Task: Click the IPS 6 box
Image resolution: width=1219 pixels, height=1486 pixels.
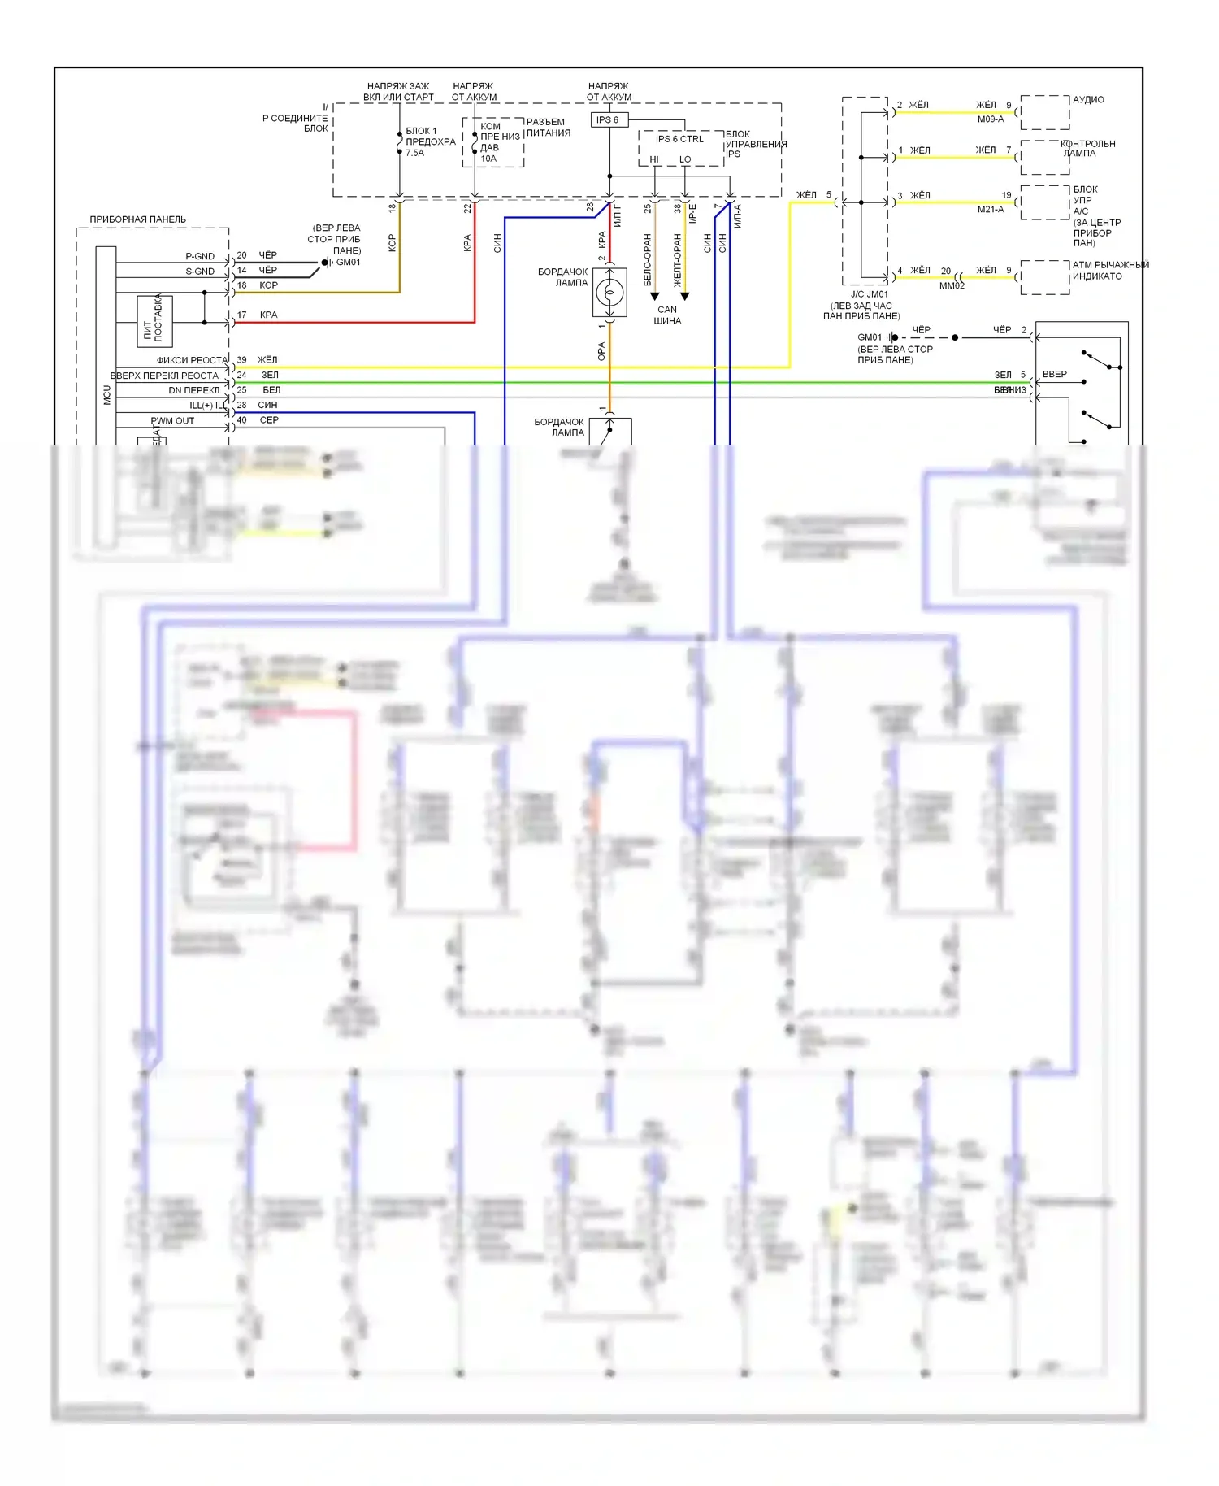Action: point(608,119)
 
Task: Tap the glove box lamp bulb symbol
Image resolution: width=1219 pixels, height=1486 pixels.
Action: point(609,292)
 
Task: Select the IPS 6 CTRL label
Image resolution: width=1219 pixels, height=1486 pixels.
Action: point(679,139)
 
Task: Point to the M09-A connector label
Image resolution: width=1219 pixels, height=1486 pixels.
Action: point(991,119)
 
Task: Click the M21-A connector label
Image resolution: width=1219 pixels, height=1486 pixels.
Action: point(991,210)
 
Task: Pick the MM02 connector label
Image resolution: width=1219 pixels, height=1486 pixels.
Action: point(952,286)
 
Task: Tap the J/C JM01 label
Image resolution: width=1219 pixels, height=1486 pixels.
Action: point(870,294)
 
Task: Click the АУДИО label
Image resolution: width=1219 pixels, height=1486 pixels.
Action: point(1088,100)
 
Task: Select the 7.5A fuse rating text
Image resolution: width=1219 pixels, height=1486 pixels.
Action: point(414,153)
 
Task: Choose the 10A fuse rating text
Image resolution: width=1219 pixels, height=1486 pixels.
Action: point(488,159)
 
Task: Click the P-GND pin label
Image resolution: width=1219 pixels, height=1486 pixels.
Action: point(200,256)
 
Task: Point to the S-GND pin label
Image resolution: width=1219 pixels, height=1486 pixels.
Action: point(200,272)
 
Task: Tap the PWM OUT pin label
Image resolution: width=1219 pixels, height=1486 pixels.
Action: point(172,421)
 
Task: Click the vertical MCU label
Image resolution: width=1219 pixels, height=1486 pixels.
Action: point(106,395)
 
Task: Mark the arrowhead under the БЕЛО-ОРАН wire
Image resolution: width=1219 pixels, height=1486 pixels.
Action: point(654,297)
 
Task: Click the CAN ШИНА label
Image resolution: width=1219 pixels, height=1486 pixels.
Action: point(667,315)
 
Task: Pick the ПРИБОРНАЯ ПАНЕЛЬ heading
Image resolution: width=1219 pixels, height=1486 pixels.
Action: point(137,219)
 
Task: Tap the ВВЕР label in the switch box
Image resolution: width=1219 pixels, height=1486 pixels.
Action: point(1055,375)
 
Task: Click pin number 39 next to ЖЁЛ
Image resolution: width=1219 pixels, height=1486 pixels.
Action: point(241,360)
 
